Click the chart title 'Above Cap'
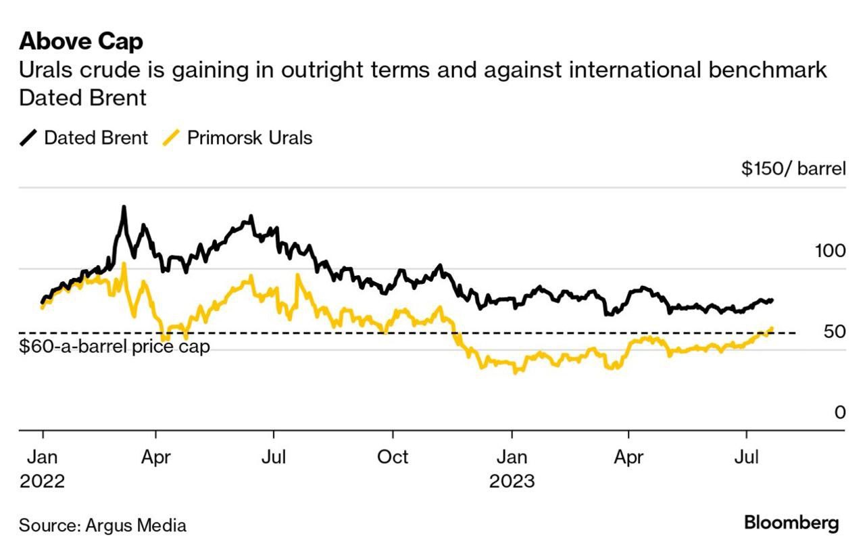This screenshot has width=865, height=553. point(81,41)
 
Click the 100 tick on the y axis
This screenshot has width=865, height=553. point(830,251)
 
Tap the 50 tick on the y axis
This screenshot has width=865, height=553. point(834,332)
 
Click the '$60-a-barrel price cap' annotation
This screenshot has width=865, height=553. point(114,347)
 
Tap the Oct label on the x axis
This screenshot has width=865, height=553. point(392,457)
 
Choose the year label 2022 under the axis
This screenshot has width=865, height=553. point(42,481)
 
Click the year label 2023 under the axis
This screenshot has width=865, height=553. point(512,481)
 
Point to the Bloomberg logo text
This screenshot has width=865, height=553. point(791,523)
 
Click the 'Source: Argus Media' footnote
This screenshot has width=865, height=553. point(103,525)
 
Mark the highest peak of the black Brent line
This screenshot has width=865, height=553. point(124,207)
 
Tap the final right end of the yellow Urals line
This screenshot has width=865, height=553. point(772,329)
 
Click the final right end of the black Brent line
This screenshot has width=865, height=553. point(772,299)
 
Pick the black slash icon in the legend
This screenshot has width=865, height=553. point(29,138)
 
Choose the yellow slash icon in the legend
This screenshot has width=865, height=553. point(172,138)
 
